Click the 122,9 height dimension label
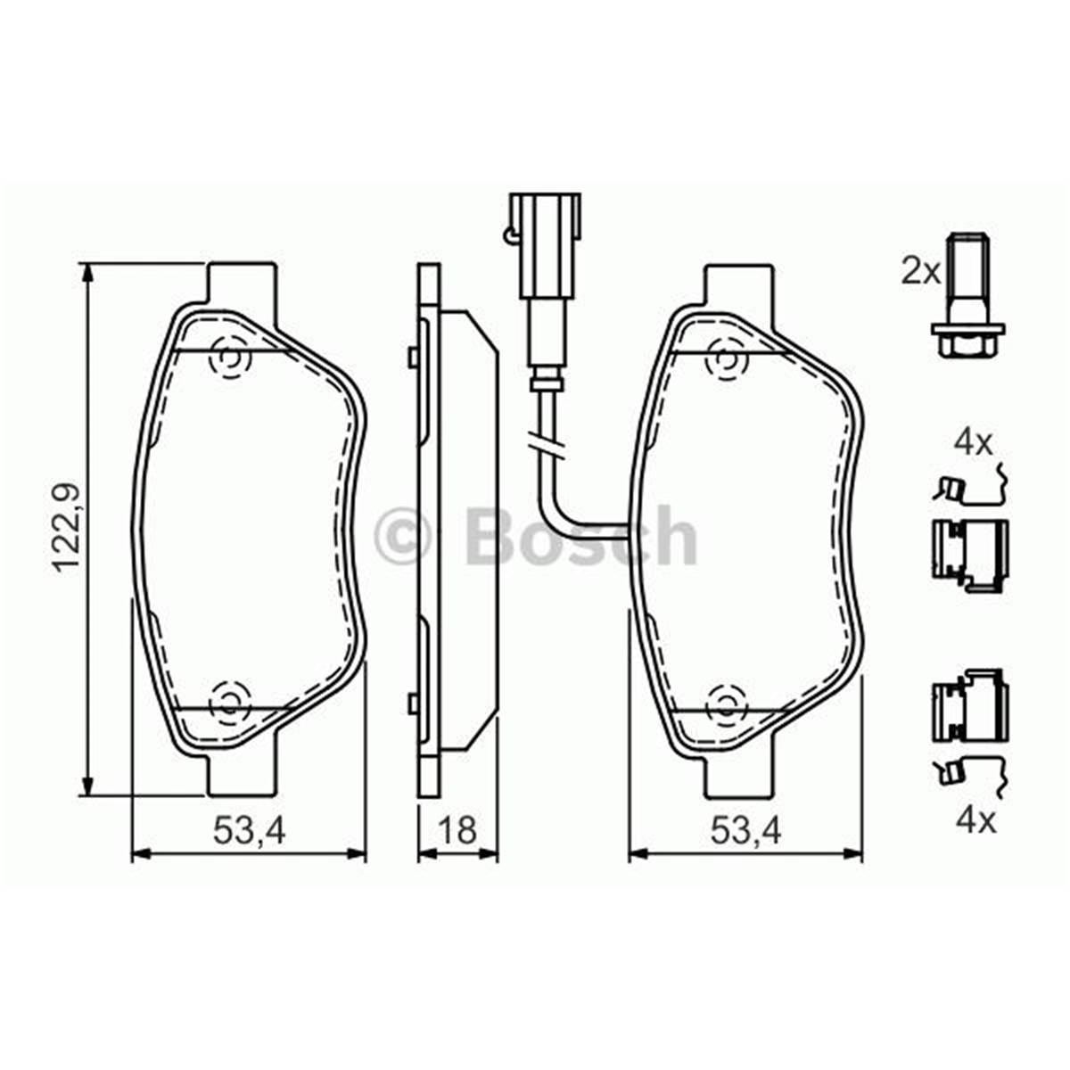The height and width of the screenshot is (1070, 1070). [x=66, y=528]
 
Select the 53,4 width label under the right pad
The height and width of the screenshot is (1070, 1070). [x=745, y=831]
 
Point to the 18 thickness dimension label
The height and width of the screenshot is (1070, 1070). [x=457, y=831]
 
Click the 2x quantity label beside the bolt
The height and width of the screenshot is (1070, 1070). [x=920, y=270]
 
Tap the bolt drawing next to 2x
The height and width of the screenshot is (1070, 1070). [x=964, y=294]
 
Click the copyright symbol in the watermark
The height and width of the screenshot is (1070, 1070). [x=403, y=537]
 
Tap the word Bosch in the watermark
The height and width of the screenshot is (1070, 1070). [x=580, y=537]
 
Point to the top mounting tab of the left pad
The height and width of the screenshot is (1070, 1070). [x=241, y=284]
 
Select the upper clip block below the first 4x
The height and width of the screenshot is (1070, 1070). [x=968, y=546]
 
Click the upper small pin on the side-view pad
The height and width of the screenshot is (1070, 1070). [x=412, y=357]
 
